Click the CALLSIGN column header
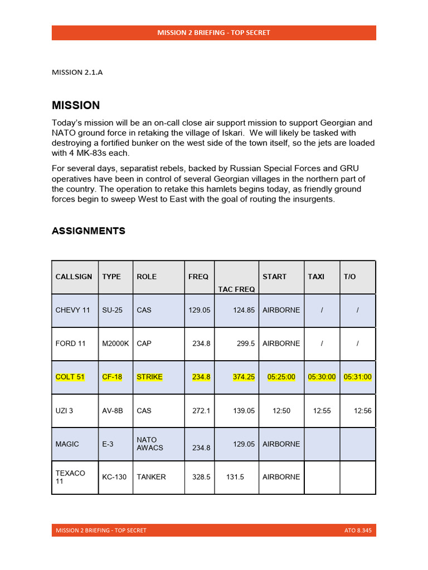74,277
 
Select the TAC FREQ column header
236,289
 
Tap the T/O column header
349,277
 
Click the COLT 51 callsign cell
70,377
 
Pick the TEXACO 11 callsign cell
70,477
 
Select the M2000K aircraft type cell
115,343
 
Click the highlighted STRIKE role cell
149,377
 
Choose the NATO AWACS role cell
147,444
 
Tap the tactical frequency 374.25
244,377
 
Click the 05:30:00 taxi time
322,377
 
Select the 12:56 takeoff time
363,410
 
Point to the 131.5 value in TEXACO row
235,477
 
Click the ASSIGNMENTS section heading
89,230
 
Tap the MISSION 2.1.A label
77,72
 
